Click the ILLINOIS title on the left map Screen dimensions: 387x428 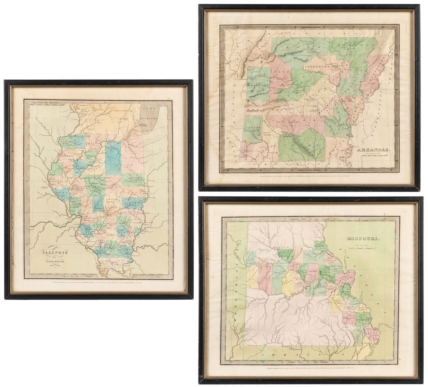point(55,252)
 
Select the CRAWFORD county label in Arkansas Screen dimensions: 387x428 point(258,85)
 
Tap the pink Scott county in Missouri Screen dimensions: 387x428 point(373,335)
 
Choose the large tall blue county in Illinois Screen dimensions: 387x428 point(113,158)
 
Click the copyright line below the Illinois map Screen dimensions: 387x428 point(99,285)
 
